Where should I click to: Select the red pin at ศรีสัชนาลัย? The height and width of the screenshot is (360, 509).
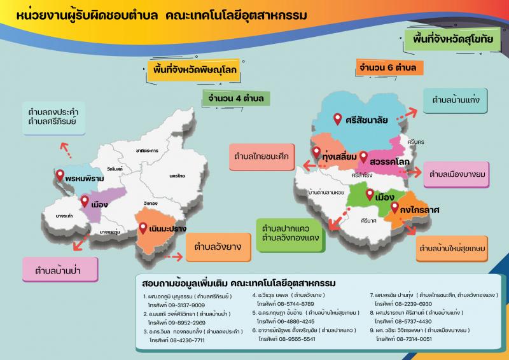point(338,118)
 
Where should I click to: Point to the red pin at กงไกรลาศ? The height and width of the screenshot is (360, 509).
point(394,207)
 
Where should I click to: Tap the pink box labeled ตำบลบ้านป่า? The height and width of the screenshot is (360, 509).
point(61,269)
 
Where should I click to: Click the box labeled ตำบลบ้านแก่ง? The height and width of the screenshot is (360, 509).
point(456,100)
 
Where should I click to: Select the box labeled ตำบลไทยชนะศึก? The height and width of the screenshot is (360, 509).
point(261,155)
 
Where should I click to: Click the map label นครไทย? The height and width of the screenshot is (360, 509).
point(177,174)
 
